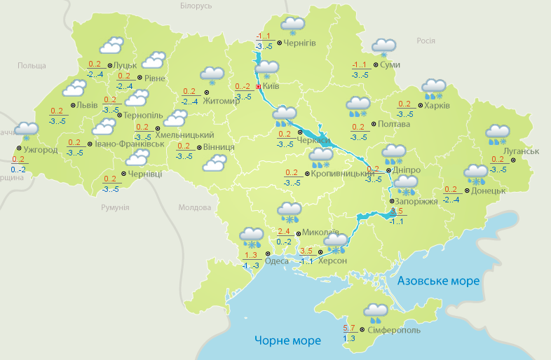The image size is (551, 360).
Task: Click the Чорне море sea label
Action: click(287, 340)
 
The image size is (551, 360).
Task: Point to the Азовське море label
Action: click(438, 281)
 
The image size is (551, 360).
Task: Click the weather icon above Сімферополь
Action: click(376, 312)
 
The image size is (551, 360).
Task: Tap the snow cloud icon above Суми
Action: click(383, 47)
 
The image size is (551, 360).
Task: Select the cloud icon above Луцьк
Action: click(111, 47)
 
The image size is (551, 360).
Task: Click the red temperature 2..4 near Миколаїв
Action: click(284, 232)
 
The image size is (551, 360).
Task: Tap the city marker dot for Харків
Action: click(419, 106)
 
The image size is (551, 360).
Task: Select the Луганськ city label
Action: click(521, 151)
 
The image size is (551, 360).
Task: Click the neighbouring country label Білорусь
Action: click(196, 6)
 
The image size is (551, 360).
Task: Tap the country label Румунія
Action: click(115, 208)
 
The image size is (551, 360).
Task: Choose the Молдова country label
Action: click(194, 208)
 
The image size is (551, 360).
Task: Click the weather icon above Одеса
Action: click(250, 237)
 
